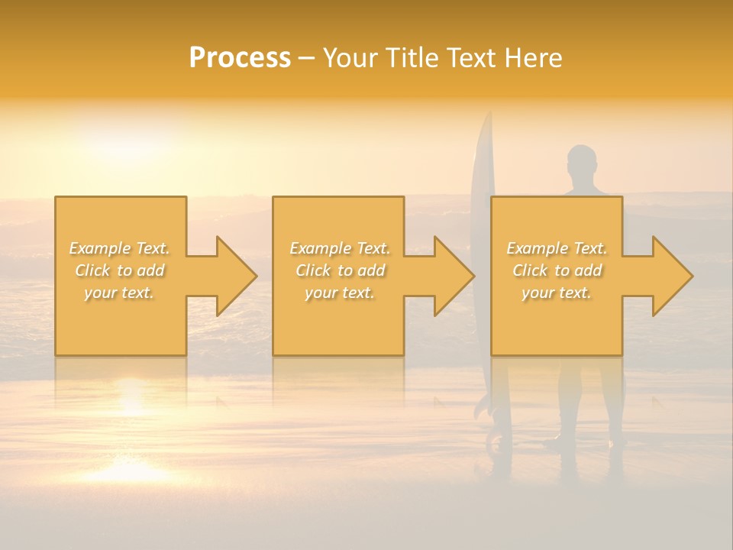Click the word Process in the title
[x=240, y=58]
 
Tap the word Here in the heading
[x=534, y=58]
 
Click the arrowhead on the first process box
[x=233, y=277]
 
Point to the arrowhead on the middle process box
[x=450, y=277]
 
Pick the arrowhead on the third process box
[x=669, y=277]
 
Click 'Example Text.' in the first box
[x=120, y=248]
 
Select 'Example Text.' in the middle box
[x=340, y=248]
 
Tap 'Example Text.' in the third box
[x=557, y=248]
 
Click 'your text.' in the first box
[x=120, y=293]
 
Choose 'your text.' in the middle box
[x=340, y=293]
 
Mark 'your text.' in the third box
[x=557, y=293]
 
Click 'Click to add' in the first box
[x=120, y=270]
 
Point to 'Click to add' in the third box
[x=557, y=270]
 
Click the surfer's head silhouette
[x=582, y=161]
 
